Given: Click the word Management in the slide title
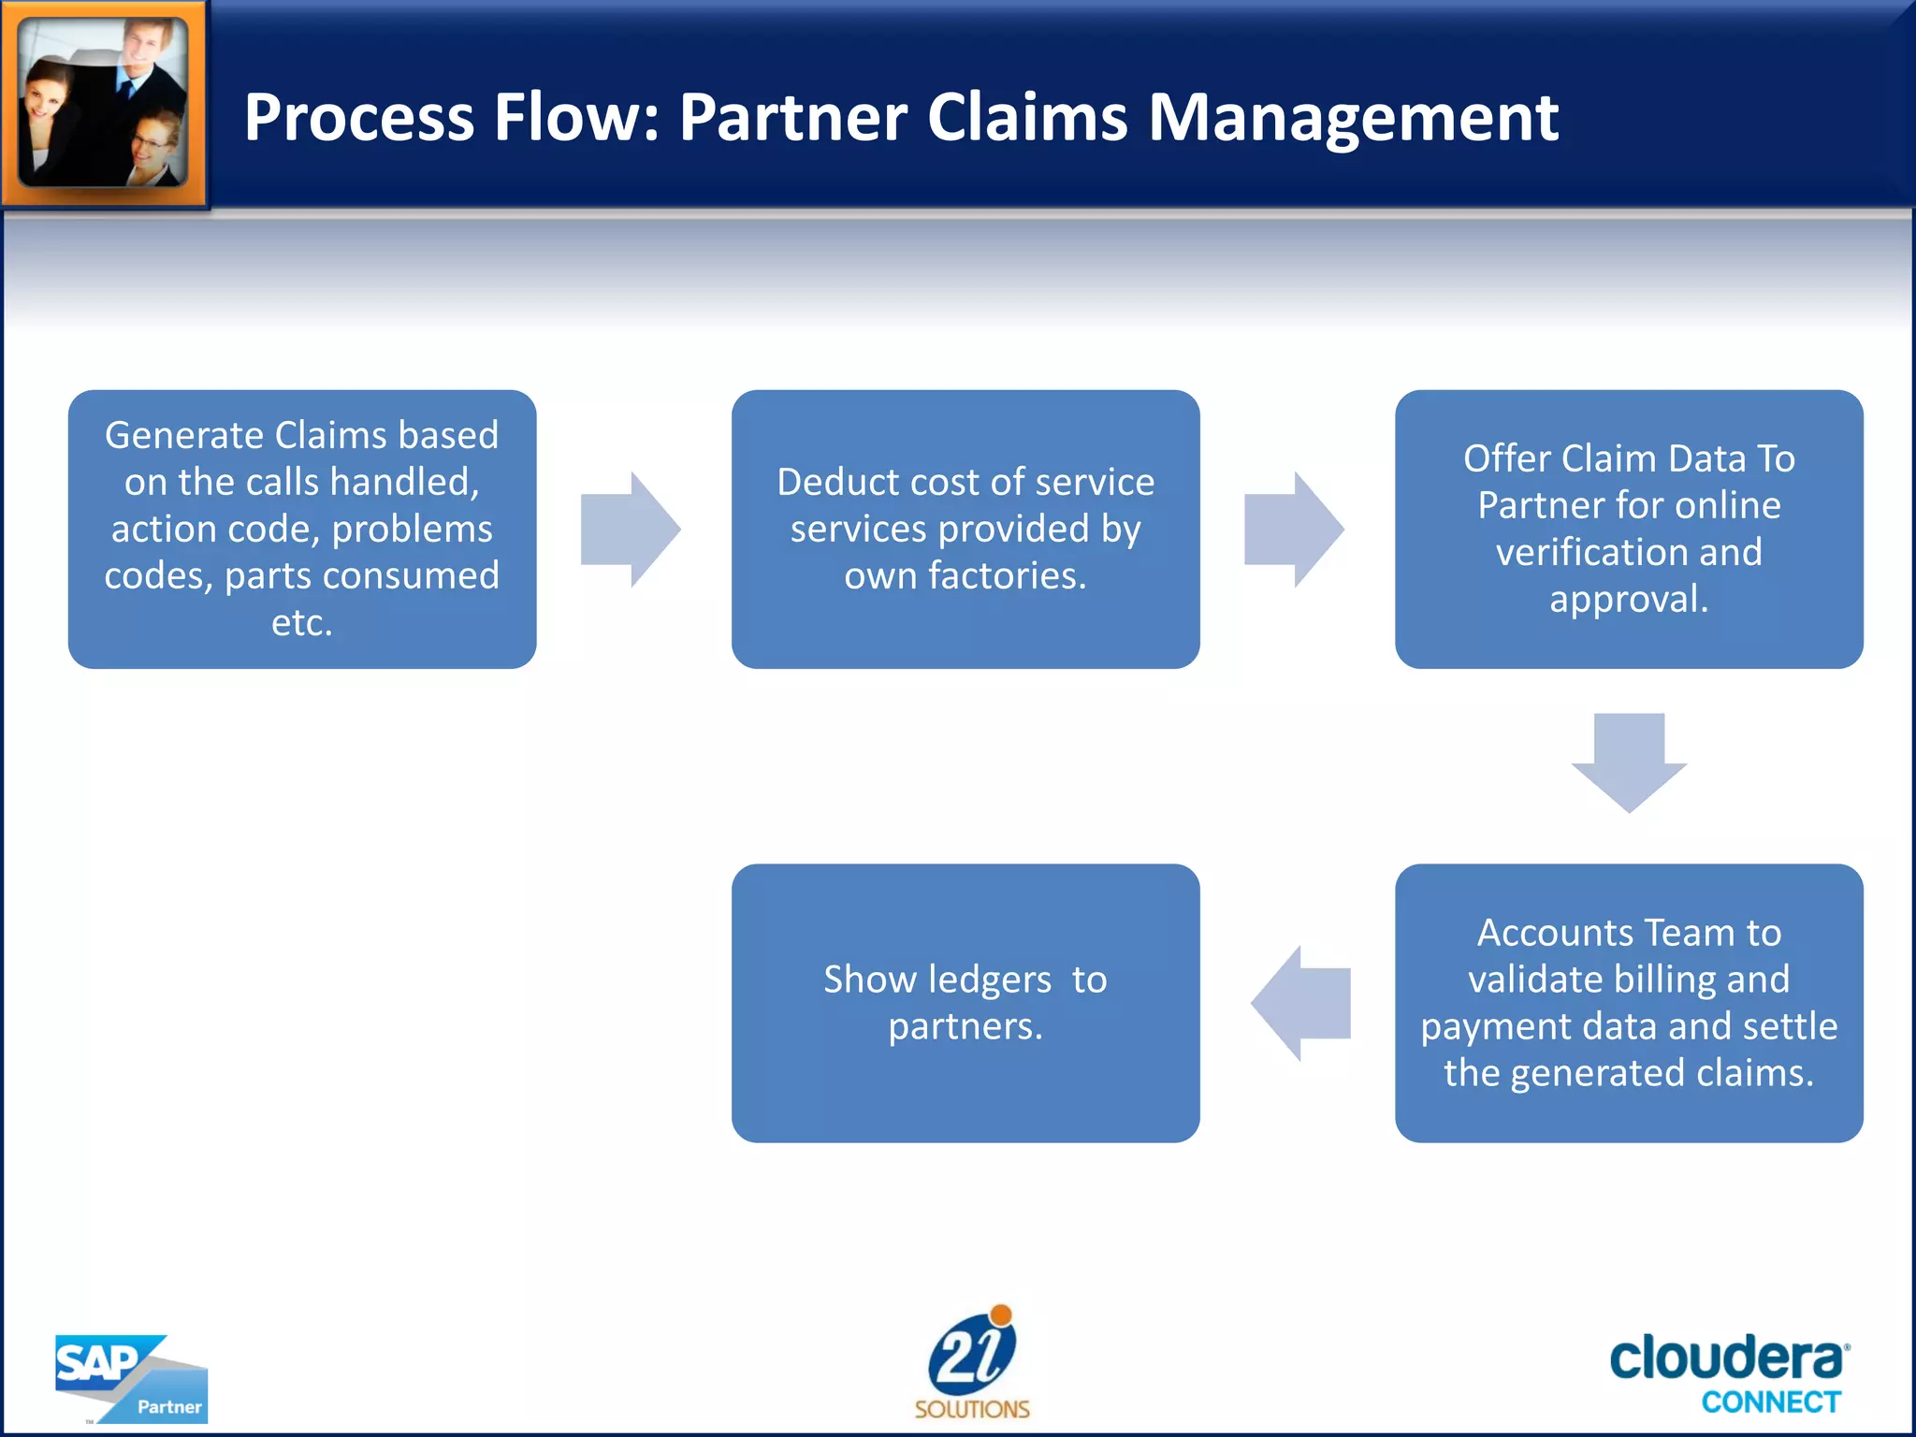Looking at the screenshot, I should pos(1352,118).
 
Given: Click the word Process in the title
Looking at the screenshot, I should pos(359,118).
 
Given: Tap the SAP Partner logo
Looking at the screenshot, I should pos(131,1377).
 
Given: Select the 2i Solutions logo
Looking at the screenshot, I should pos(972,1362).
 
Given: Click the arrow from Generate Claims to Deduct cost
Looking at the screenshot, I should pos(630,530).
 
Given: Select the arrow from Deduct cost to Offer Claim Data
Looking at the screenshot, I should pos(1293,530).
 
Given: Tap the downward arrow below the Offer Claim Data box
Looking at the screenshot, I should pos(1629,762).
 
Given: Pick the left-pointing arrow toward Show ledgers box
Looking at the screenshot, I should pos(1301,1003).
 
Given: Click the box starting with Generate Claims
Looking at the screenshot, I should pos(302,530).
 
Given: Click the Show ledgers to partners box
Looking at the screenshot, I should pos(965,1003).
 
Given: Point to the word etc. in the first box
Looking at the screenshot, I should pos(301,623).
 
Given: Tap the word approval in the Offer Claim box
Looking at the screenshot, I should pos(1628,600).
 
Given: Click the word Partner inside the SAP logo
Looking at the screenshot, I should pos(169,1407).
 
